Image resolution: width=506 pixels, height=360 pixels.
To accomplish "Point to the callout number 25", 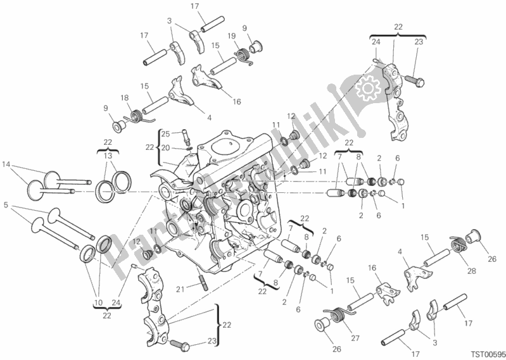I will (x=165, y=134).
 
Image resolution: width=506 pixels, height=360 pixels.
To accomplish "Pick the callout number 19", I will (x=231, y=36).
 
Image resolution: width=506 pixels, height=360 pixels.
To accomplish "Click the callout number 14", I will (x=7, y=165).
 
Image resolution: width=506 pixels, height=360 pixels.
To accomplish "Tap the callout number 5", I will (x=7, y=206).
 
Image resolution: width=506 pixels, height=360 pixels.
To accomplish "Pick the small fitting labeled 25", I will (x=186, y=135).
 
